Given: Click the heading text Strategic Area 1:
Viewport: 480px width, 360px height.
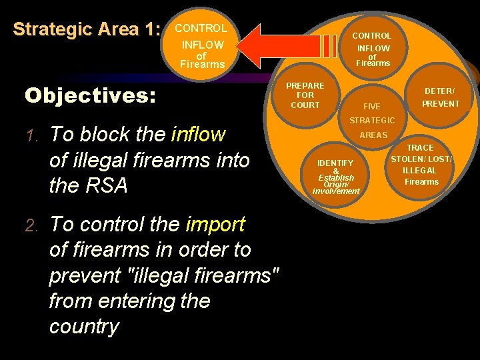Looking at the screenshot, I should (87, 30).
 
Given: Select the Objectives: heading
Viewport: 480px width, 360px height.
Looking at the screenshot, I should (90, 95).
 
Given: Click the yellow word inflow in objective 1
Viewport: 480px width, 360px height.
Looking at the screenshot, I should (198, 135).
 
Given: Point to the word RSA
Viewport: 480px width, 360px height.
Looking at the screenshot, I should (107, 186).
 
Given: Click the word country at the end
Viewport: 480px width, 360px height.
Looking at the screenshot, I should (83, 327).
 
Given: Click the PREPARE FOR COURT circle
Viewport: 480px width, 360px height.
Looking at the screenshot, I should (305, 95).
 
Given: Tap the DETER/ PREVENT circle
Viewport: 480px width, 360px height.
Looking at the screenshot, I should (440, 97).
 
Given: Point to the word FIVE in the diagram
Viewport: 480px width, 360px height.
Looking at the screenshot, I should (371, 107).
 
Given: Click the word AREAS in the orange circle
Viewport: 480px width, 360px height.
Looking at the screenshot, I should (373, 135).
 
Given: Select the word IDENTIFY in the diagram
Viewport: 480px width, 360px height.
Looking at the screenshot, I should (335, 163).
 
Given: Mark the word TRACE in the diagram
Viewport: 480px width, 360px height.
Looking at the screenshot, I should (420, 148).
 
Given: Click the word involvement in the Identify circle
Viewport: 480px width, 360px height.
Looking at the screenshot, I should (335, 191).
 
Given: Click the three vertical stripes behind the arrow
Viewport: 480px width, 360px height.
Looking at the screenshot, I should (329, 45).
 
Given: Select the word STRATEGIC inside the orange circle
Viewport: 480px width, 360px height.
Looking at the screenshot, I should (372, 121).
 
